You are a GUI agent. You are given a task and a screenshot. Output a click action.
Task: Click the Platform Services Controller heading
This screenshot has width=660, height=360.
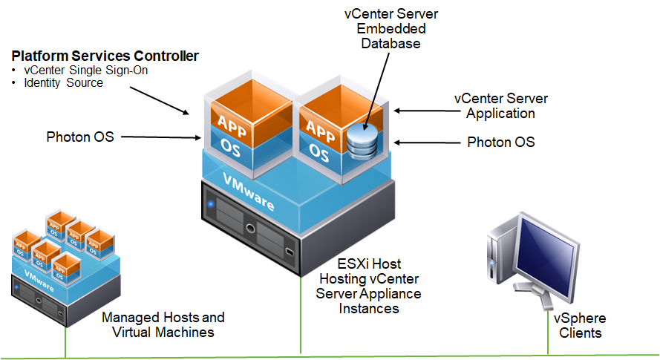click(x=105, y=56)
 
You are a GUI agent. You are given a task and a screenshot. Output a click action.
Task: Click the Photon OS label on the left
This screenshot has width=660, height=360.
click(x=80, y=137)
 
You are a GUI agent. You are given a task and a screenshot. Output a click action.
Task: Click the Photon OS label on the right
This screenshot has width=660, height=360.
click(x=501, y=142)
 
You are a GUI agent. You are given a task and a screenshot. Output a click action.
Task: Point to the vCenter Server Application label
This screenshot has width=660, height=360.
click(x=501, y=106)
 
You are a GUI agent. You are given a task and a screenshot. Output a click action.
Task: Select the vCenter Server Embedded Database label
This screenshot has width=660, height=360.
click(x=391, y=29)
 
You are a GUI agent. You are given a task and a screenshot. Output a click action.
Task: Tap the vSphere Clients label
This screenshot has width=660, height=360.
click(x=580, y=326)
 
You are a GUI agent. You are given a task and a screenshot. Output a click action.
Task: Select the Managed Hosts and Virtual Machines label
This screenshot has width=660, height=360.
click(x=163, y=324)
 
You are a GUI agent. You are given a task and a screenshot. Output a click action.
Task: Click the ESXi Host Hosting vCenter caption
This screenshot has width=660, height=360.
click(x=369, y=286)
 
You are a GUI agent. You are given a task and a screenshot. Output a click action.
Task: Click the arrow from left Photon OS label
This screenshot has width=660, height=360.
click(x=161, y=137)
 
